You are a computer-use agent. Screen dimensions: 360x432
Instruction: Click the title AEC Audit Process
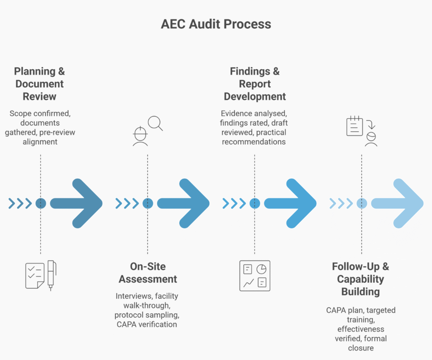[x=216, y=24]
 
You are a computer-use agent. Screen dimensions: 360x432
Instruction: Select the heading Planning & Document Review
[x=39, y=84]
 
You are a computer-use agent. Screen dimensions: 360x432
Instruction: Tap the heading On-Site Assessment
[x=148, y=273]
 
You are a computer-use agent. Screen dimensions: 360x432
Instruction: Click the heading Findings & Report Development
[x=255, y=84]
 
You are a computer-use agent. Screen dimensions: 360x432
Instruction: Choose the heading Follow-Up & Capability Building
[x=361, y=279]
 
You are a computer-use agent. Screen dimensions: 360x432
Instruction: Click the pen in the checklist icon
[x=51, y=275]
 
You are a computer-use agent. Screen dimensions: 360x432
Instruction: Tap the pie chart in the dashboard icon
[x=262, y=269]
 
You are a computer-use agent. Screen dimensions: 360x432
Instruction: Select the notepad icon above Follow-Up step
[x=354, y=126]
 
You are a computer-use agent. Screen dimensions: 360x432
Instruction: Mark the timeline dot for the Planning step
[x=40, y=203]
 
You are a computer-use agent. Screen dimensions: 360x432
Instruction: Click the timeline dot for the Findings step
[x=254, y=203]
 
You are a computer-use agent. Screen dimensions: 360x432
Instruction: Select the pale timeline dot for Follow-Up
[x=362, y=203]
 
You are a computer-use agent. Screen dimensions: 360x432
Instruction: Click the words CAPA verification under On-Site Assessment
[x=146, y=324]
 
